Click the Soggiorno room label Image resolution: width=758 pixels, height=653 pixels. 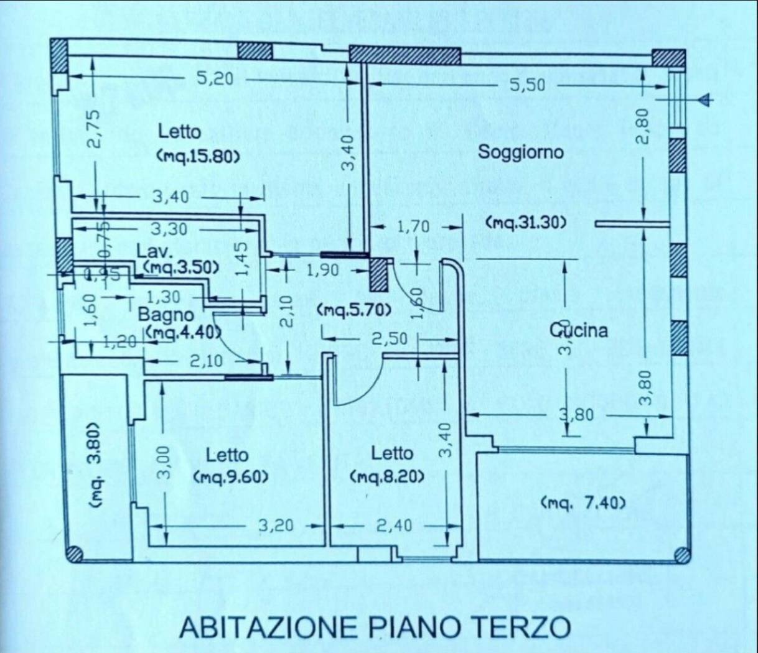[520, 152]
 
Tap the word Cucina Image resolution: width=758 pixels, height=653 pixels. [578, 330]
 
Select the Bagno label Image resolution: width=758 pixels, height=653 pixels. [166, 314]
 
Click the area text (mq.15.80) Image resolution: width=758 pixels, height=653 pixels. [199, 157]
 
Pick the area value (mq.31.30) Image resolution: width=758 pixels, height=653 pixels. [526, 222]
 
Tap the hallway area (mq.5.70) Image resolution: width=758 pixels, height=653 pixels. [354, 309]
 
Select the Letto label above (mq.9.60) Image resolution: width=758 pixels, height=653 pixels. [227, 456]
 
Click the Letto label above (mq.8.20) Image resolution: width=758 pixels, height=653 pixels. [391, 453]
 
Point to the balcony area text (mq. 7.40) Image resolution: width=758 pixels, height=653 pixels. [583, 502]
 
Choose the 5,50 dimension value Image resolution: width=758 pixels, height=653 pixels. [527, 85]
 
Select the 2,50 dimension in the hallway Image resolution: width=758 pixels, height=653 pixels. [390, 338]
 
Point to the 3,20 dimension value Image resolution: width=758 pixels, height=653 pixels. [276, 526]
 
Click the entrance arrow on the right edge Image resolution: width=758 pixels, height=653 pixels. [704, 100]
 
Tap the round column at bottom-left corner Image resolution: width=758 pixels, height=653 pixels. [74, 553]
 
